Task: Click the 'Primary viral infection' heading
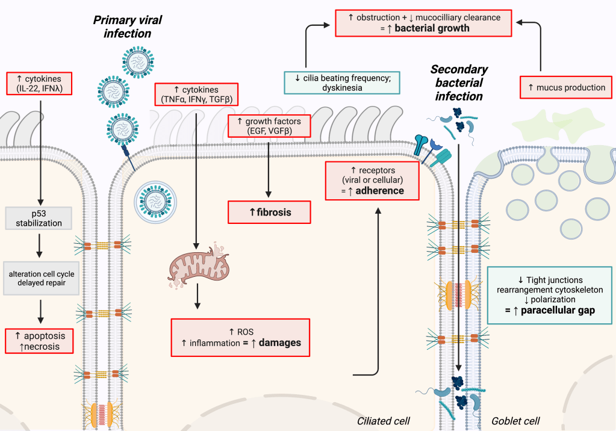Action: (127, 26)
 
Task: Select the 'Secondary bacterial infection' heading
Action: (459, 82)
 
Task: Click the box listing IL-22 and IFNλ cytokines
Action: (40, 84)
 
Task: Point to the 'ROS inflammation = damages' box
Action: (241, 338)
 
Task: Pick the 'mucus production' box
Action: (566, 87)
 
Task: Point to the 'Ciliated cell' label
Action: (384, 420)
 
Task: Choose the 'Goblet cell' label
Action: (515, 420)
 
